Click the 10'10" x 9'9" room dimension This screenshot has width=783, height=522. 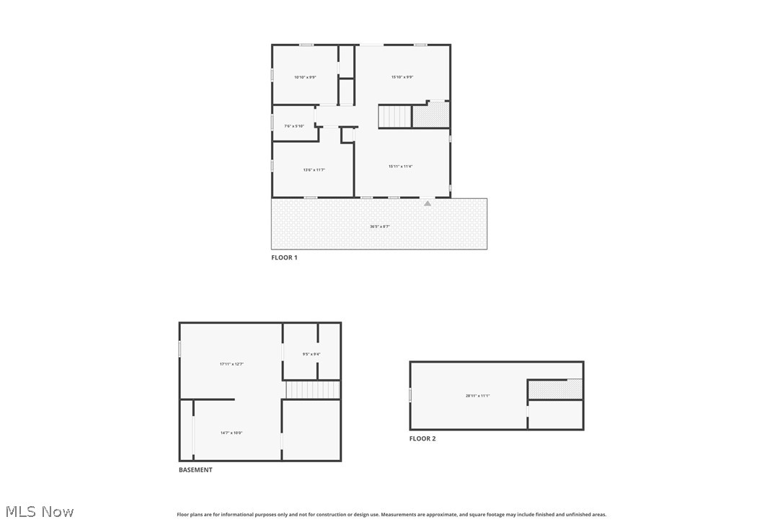[x=305, y=77]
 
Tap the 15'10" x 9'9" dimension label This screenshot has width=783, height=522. [x=402, y=77]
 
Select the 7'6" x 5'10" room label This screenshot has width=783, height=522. [x=294, y=126]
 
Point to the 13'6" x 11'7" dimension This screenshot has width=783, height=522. [x=314, y=170]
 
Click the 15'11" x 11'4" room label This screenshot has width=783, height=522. [x=400, y=167]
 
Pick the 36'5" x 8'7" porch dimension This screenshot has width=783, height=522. [x=380, y=226]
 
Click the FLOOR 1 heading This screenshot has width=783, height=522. [x=284, y=257]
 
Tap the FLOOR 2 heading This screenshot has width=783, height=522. [x=423, y=438]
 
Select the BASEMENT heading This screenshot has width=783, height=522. [x=195, y=470]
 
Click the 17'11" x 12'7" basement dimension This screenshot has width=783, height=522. [x=231, y=364]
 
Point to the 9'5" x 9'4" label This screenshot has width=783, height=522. [x=311, y=354]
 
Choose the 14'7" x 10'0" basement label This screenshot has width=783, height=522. [x=231, y=433]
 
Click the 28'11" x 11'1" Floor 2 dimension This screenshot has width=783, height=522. [x=477, y=396]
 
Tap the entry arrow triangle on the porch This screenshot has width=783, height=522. [x=428, y=203]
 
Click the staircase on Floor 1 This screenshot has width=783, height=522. [x=394, y=116]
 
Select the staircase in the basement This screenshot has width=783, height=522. [x=312, y=390]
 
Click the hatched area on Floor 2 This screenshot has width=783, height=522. [x=555, y=389]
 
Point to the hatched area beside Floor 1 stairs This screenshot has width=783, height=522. [x=430, y=115]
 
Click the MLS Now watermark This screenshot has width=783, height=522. [x=37, y=512]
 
